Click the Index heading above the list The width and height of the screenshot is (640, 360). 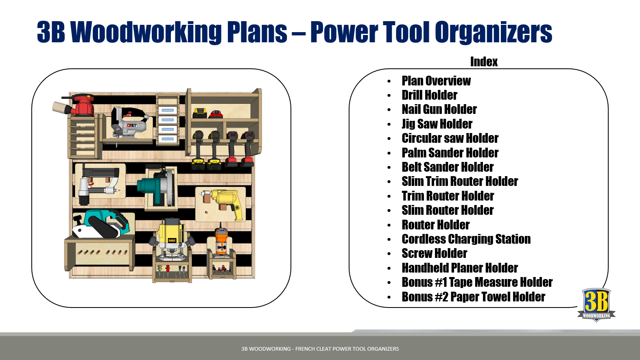pos(484,62)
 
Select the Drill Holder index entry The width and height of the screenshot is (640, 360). pos(429,95)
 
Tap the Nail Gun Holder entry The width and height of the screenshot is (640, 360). pos(439,109)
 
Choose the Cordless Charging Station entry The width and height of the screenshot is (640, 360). pos(466,239)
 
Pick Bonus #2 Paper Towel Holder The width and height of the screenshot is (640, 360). pos(474,297)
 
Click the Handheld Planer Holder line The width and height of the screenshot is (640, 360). pos(460,268)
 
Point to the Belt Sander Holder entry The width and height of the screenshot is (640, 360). pos(448,167)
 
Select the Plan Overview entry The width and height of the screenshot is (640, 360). pos(436,81)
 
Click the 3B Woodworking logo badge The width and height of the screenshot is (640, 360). pos(596,305)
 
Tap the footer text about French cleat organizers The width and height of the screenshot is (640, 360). pos(320,349)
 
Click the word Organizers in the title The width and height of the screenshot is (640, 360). pos(494,32)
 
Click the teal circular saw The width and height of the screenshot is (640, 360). pos(157,186)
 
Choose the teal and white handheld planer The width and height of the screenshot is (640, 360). pos(100,224)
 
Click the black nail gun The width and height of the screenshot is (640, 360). pos(97,183)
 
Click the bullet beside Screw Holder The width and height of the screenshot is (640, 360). pos(389,254)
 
